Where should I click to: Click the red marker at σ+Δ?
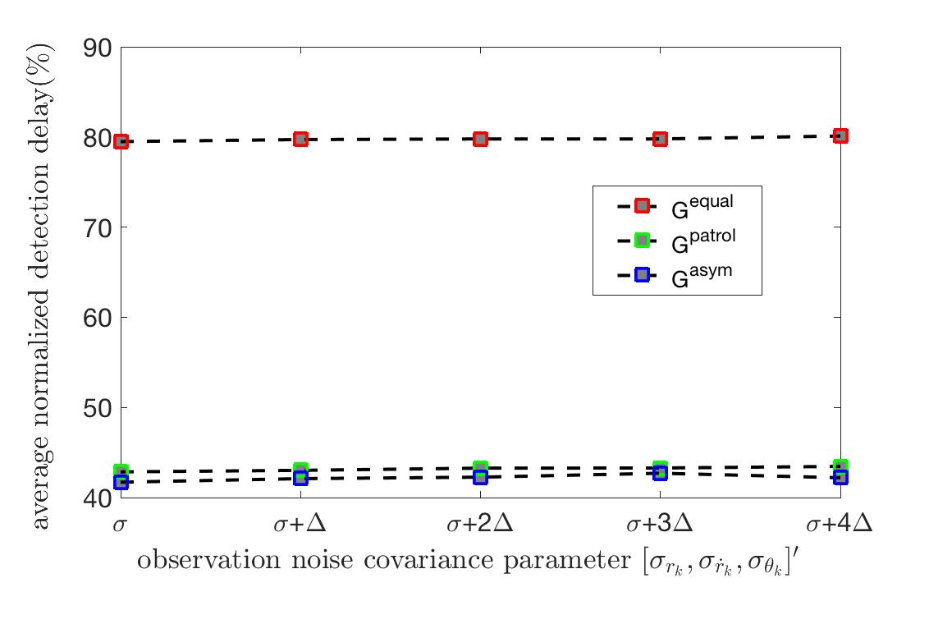pos(300,139)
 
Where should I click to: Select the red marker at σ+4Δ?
pos(840,135)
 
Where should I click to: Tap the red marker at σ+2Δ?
pos(480,139)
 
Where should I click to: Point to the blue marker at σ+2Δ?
pos(480,477)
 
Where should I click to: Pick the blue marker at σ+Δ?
pos(300,477)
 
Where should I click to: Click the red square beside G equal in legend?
pos(642,205)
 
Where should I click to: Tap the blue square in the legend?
pos(642,275)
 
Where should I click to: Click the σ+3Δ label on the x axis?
pos(659,523)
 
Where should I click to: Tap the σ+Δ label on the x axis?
pos(300,523)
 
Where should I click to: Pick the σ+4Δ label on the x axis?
pos(839,523)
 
